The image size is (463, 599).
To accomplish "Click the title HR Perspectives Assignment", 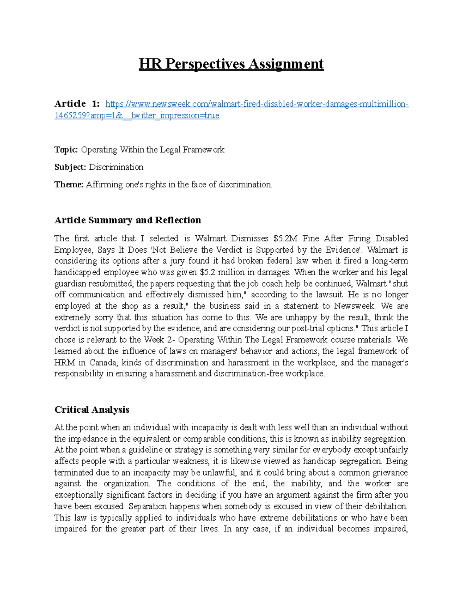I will [x=231, y=64].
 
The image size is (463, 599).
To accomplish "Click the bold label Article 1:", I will [x=77, y=104].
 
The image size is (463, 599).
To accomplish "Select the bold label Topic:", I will [x=66, y=150].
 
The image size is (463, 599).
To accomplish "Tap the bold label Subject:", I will [x=70, y=167].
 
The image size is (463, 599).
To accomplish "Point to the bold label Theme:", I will [x=69, y=184].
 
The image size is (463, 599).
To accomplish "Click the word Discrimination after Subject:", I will [x=116, y=167].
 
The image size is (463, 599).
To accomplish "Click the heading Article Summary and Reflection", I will [x=128, y=220].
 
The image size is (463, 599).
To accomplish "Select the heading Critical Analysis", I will [x=92, y=409].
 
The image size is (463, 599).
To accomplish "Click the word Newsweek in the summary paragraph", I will [x=354, y=306].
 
